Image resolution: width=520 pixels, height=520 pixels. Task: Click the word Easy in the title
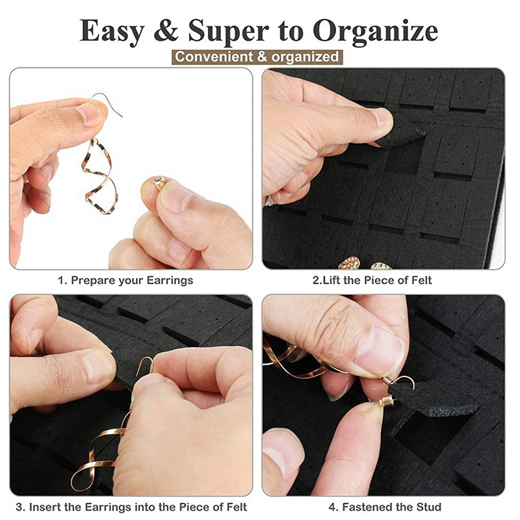click(112, 31)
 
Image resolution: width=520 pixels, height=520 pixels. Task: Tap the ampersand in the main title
click(166, 31)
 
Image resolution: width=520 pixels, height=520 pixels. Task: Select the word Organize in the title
click(375, 31)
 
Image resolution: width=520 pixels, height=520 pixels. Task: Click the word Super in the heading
click(229, 31)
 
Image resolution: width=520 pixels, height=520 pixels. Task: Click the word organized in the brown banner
click(305, 57)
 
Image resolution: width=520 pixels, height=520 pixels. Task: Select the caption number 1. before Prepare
click(62, 281)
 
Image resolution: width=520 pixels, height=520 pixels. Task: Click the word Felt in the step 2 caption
click(421, 281)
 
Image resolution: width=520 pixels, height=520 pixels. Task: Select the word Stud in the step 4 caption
click(429, 508)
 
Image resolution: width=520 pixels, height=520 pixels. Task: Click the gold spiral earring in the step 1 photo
click(99, 175)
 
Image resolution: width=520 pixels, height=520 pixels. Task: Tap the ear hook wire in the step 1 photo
click(106, 103)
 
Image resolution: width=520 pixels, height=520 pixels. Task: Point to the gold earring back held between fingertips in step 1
click(159, 183)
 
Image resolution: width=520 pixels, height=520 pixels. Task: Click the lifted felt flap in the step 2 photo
click(400, 133)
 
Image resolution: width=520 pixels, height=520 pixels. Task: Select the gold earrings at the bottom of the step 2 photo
click(365, 263)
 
